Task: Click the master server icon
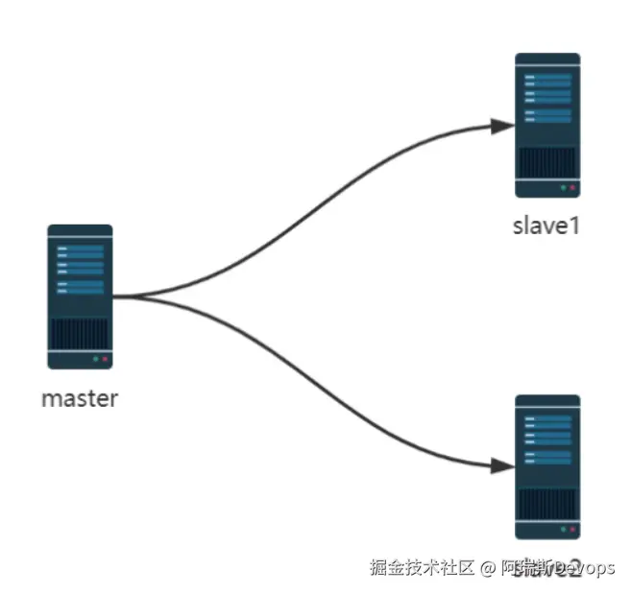pos(80,297)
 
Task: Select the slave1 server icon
pos(547,125)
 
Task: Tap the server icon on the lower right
pos(547,466)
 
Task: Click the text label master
pos(80,398)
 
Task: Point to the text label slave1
pos(547,227)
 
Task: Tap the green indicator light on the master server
pos(94,359)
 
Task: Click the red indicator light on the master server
pos(104,359)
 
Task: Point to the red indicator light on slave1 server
pos(571,188)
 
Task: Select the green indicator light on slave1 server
pos(562,188)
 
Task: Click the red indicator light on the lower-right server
pos(571,529)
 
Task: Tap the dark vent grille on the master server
pos(80,335)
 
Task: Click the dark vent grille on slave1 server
pos(547,162)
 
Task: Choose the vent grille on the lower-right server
pos(547,504)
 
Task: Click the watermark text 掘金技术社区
pos(423,567)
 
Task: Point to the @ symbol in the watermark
pos(488,568)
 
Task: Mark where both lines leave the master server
pos(115,297)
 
